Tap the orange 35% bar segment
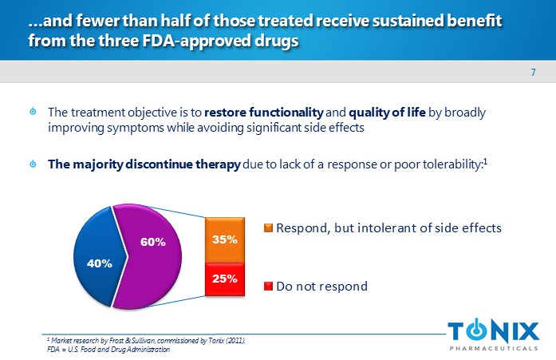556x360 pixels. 224,239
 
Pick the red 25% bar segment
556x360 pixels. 224,279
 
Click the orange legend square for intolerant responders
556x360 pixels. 268,228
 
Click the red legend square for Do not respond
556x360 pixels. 268,286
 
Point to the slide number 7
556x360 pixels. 533,74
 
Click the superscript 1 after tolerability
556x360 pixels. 485,161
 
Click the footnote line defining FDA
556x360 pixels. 108,350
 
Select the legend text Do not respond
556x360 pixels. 321,286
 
